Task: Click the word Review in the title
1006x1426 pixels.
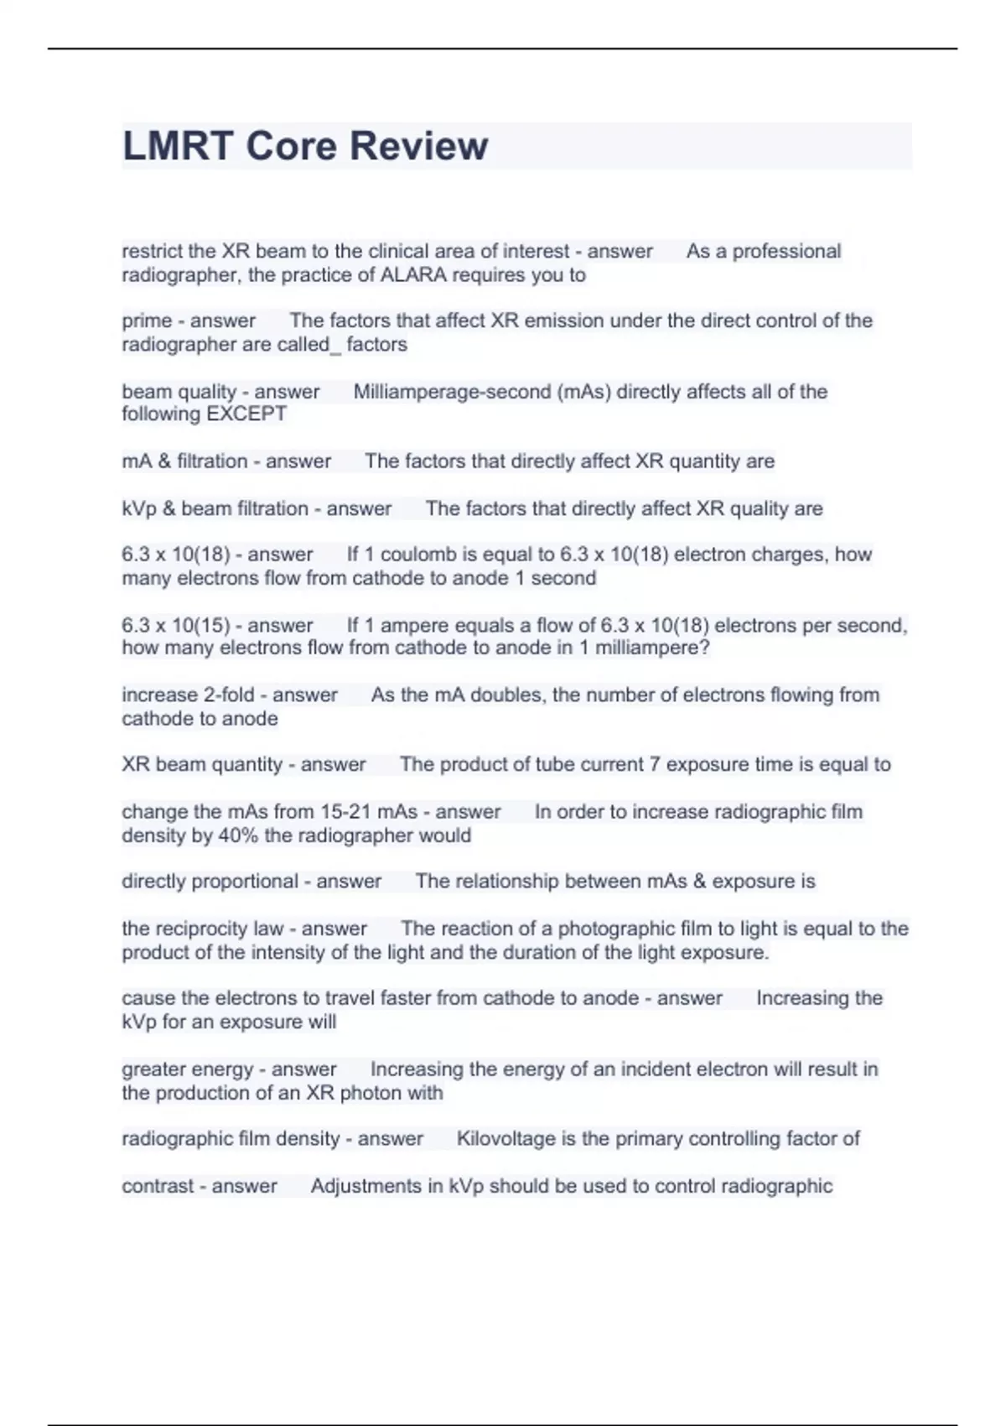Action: point(418,146)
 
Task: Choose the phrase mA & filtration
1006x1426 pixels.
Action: point(184,461)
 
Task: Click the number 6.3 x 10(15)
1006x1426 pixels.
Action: point(174,626)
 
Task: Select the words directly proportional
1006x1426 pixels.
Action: point(210,882)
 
